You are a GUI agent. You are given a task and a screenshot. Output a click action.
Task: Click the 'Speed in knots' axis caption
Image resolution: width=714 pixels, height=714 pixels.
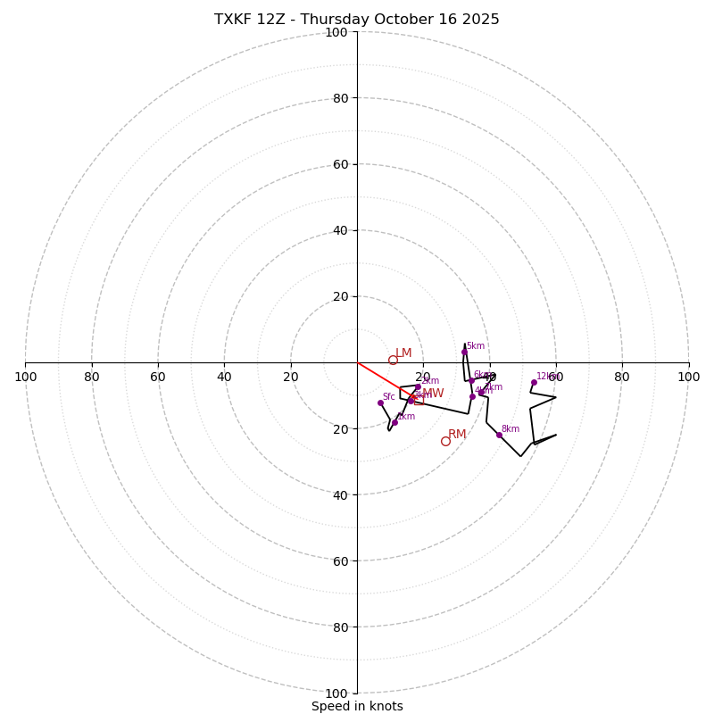pos(357,706)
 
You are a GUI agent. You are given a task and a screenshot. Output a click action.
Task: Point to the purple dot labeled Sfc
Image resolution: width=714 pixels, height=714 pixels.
pos(380,403)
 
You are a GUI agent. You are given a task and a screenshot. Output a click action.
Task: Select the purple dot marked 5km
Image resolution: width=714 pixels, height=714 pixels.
pos(464,352)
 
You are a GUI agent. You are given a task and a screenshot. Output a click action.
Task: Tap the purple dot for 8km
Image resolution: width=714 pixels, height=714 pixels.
pos(499,435)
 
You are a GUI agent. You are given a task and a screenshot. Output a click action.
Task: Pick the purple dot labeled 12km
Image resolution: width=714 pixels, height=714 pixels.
pos(534,382)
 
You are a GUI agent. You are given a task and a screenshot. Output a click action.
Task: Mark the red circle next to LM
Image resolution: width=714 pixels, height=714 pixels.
pos(393,360)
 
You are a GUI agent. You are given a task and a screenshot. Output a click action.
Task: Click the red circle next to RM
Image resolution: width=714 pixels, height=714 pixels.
pos(445,441)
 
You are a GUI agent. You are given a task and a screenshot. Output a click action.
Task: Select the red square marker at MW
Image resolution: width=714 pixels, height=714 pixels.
pos(419,400)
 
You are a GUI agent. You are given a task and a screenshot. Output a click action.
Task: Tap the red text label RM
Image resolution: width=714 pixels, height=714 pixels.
pos(457,435)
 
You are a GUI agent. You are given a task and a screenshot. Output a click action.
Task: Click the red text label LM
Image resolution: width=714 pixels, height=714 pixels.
pos(403,353)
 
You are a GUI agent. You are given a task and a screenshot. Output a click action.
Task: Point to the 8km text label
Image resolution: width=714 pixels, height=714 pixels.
pos(510,428)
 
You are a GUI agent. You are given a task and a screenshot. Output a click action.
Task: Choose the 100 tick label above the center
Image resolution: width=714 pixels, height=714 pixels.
pos(336,32)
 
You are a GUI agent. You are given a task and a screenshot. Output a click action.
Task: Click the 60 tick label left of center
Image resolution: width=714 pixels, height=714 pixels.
pos(158,377)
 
